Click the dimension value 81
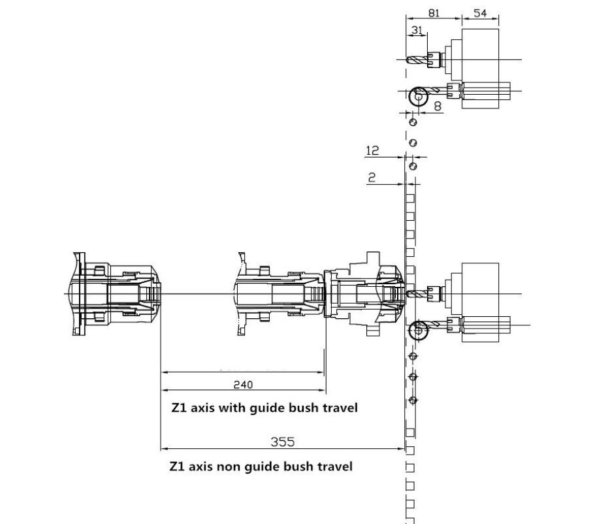(x=434, y=13)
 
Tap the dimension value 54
(x=480, y=13)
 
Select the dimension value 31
(x=417, y=30)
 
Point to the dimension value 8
(x=438, y=106)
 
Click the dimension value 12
(x=372, y=150)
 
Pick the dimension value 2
(x=372, y=177)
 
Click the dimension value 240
(x=243, y=385)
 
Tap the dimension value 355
(x=283, y=442)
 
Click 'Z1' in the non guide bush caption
(x=177, y=467)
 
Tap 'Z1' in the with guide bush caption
(x=179, y=408)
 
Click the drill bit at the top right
(x=417, y=60)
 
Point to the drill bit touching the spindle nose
(x=417, y=293)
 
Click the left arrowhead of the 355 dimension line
(x=164, y=449)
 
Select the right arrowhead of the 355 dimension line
(x=402, y=449)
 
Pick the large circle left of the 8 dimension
(x=409, y=97)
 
